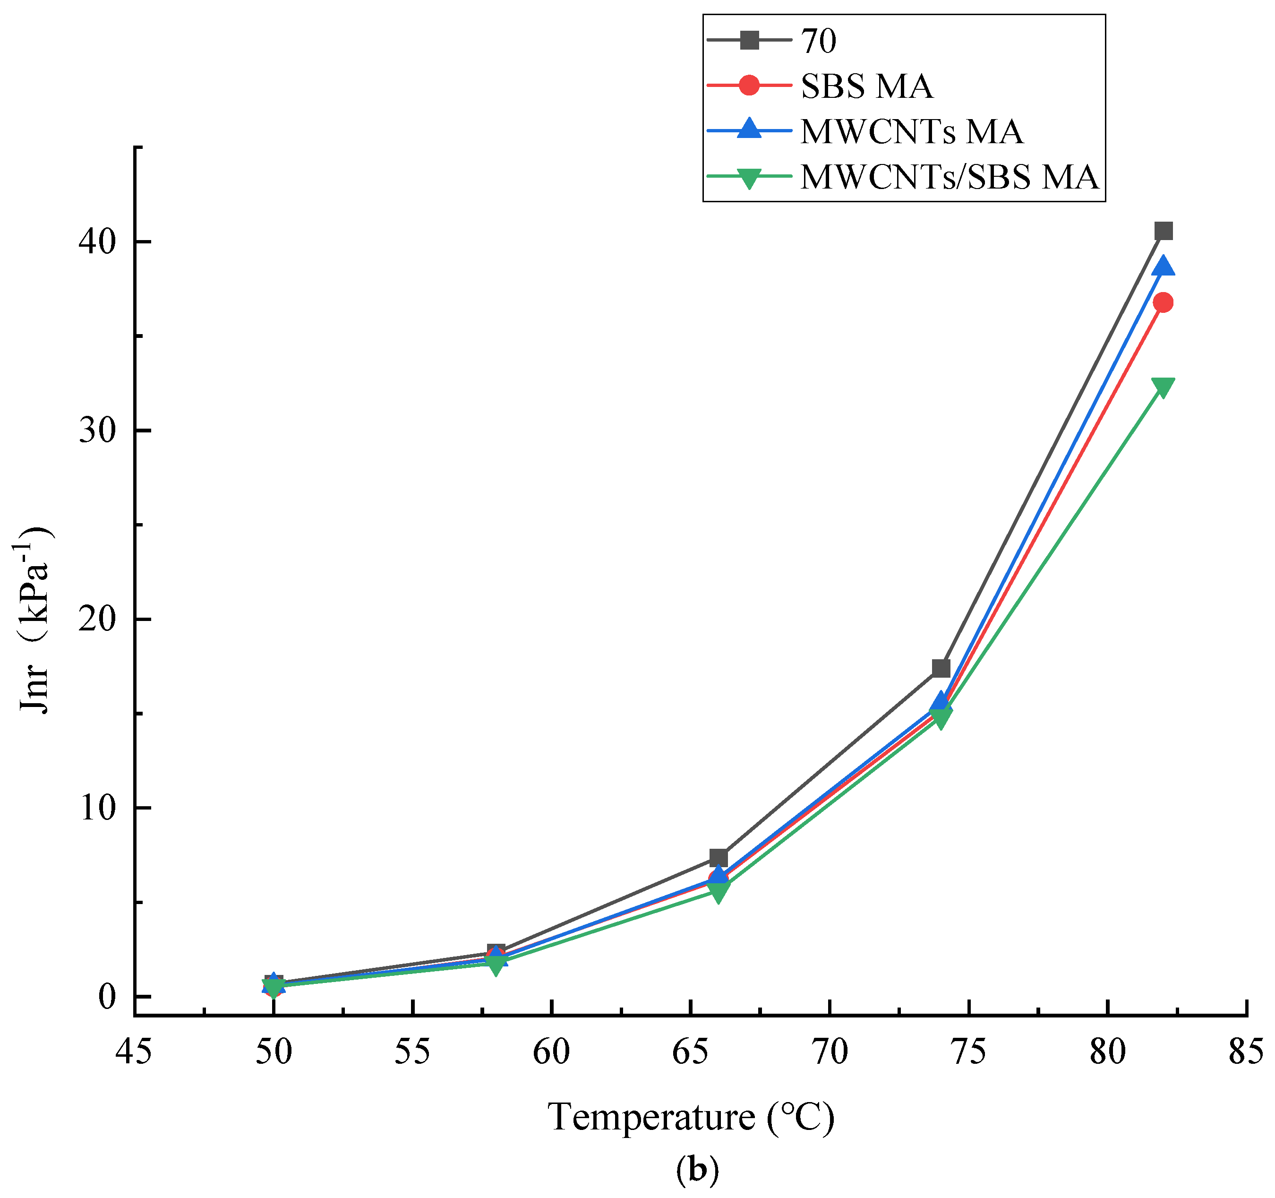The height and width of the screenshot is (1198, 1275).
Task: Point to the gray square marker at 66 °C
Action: click(719, 857)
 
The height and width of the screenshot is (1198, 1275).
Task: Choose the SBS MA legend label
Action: click(866, 86)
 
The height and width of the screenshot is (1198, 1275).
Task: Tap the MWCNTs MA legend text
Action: click(911, 131)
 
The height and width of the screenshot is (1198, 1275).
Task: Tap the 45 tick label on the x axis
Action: click(134, 1052)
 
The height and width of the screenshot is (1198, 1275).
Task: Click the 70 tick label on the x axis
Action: click(830, 1052)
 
